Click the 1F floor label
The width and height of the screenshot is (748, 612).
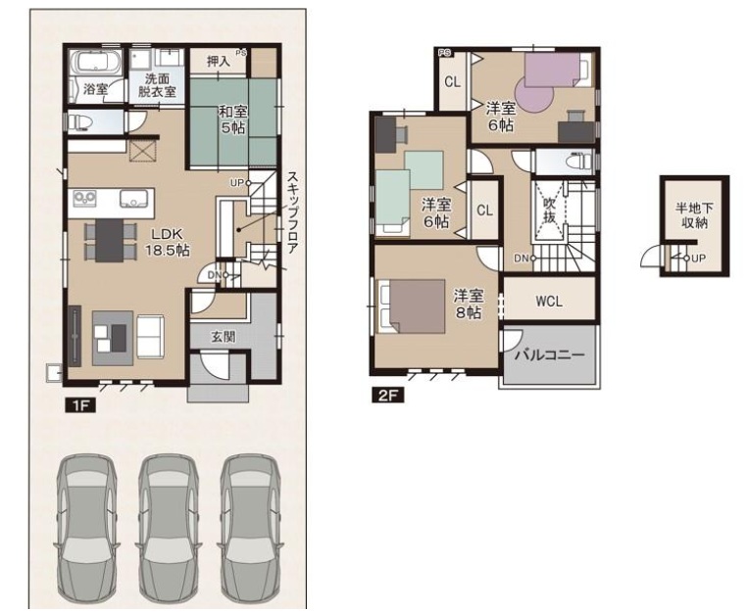point(80,405)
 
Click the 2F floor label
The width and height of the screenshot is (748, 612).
point(388,396)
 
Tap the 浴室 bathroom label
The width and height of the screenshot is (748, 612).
point(96,89)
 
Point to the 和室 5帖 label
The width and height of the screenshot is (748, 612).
point(232,119)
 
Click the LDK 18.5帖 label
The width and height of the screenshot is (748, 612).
point(168,242)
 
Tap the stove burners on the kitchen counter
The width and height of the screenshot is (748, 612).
point(84,198)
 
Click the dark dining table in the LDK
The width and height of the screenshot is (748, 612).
point(109,241)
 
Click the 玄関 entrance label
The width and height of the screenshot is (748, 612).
point(223,337)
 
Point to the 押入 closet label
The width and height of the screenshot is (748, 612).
point(219,61)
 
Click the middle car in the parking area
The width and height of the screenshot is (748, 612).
point(170,530)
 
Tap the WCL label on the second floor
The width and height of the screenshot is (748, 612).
point(549,301)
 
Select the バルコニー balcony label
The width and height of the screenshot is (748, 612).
point(550,355)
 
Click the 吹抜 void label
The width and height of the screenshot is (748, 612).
point(550,211)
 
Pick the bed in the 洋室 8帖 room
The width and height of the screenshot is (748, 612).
point(412,306)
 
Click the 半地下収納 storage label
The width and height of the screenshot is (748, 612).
point(694,215)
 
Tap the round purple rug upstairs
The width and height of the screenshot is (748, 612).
point(534,94)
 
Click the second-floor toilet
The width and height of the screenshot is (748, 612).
point(577,162)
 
